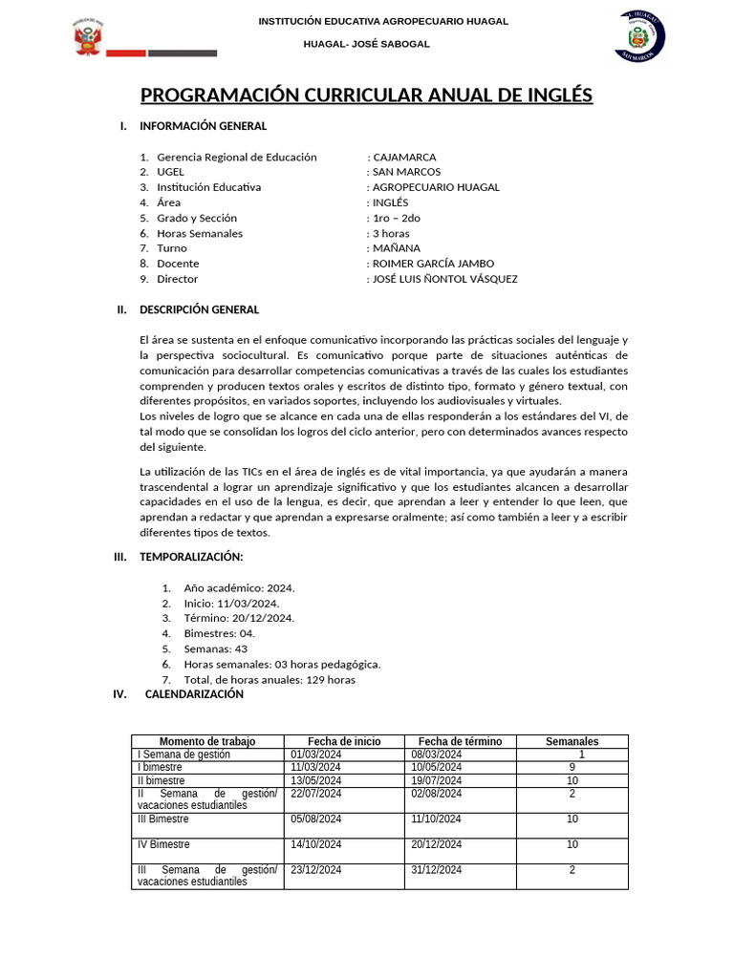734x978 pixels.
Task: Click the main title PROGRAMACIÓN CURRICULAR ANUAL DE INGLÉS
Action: pyautogui.click(x=367, y=96)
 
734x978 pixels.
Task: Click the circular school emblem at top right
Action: pyautogui.click(x=641, y=36)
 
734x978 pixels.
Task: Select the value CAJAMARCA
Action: pyautogui.click(x=404, y=157)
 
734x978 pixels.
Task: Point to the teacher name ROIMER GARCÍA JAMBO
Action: pyautogui.click(x=433, y=264)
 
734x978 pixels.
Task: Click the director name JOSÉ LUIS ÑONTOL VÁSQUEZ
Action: pyautogui.click(x=444, y=279)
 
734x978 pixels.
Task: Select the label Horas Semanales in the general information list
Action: pyautogui.click(x=200, y=233)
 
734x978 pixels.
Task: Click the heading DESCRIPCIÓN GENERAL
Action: pyautogui.click(x=199, y=309)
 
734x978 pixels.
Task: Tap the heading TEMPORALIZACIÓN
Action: pyautogui.click(x=191, y=557)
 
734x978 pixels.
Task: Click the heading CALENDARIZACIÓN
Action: pyautogui.click(x=194, y=694)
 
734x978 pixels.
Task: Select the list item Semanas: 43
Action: pyautogui.click(x=216, y=648)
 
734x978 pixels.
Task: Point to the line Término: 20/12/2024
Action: pyautogui.click(x=239, y=618)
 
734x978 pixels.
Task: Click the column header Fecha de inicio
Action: pyautogui.click(x=344, y=742)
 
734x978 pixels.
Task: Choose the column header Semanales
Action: pyautogui.click(x=572, y=742)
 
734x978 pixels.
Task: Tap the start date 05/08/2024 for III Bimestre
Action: pyautogui.click(x=316, y=819)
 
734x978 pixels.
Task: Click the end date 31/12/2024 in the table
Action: pyautogui.click(x=437, y=870)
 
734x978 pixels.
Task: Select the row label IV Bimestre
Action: pyautogui.click(x=164, y=844)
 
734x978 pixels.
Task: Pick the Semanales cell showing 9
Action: pyautogui.click(x=572, y=767)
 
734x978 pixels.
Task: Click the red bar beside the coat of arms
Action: pyautogui.click(x=125, y=53)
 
